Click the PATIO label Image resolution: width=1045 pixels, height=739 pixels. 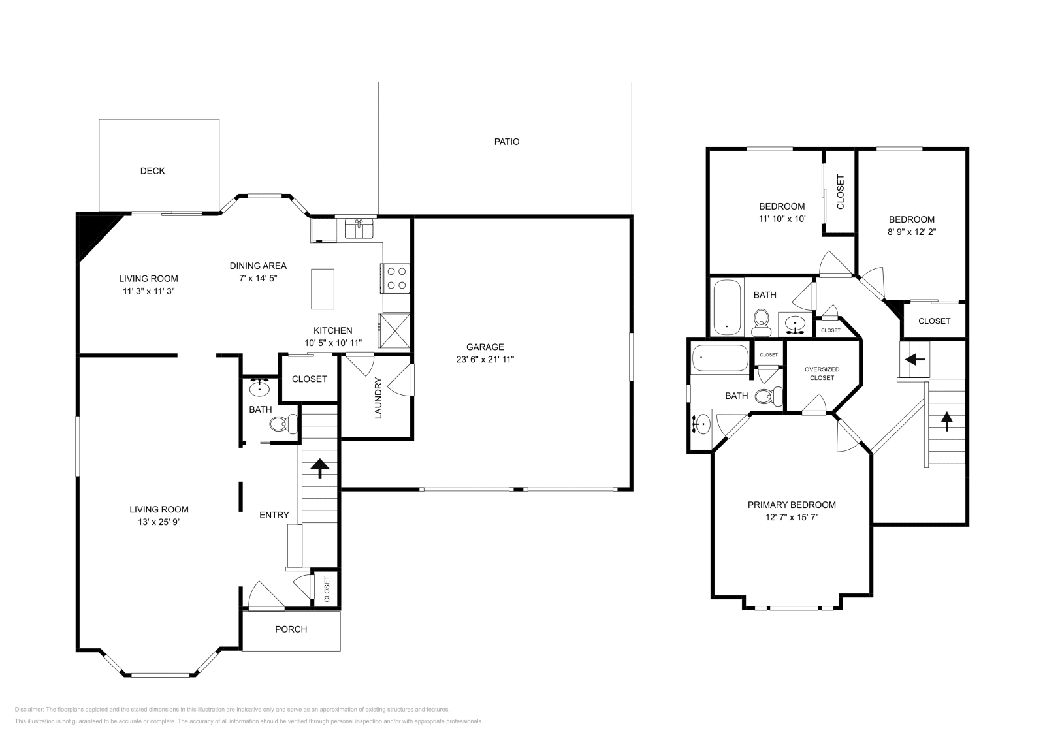click(x=506, y=142)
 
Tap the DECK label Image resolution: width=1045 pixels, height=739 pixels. click(x=152, y=171)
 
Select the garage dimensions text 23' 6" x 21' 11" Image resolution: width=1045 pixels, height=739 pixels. click(x=485, y=359)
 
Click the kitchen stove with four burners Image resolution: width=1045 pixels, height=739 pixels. click(x=395, y=277)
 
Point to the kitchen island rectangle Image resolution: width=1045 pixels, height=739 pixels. click(x=322, y=289)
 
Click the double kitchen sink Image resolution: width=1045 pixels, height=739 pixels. click(x=359, y=229)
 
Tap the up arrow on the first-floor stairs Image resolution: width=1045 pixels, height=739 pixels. click(x=319, y=467)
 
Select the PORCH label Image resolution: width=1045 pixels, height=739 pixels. click(x=291, y=629)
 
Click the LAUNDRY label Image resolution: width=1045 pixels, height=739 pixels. click(x=378, y=397)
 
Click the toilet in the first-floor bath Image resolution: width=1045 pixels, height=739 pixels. click(x=281, y=425)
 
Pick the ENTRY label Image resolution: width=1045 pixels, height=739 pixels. click(x=274, y=515)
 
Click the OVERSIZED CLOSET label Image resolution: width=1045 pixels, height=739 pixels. click(x=822, y=373)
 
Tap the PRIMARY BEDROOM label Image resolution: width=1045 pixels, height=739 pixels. click(x=792, y=505)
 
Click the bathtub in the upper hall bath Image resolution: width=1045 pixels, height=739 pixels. click(x=727, y=306)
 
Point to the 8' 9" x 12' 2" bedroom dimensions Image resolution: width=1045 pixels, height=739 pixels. click(x=911, y=232)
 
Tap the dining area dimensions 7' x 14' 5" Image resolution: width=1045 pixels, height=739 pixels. click(x=258, y=278)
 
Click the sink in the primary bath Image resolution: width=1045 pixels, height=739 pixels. click(x=701, y=424)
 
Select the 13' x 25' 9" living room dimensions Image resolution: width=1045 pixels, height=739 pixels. click(x=159, y=522)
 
